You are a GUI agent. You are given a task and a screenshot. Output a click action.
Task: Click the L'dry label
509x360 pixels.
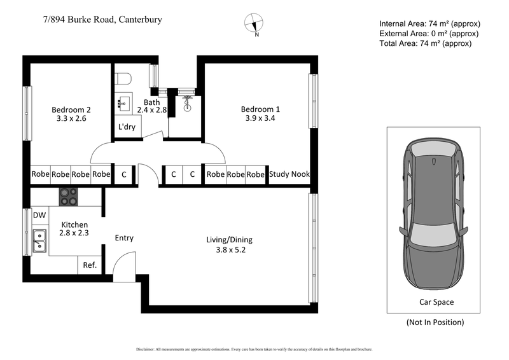click(x=126, y=127)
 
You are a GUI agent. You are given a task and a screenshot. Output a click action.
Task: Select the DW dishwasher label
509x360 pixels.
click(x=39, y=216)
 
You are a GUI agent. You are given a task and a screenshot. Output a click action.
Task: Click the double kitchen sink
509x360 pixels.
click(x=39, y=240)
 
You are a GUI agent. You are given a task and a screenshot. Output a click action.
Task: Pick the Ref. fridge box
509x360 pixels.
click(x=90, y=265)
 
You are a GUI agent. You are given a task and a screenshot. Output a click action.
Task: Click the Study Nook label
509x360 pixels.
click(x=289, y=174)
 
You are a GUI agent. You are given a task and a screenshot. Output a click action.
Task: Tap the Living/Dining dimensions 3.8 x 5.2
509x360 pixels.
click(x=229, y=250)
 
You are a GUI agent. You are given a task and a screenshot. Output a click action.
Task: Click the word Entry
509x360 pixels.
click(x=124, y=238)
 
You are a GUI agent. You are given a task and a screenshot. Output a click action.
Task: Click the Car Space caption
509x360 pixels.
click(x=436, y=302)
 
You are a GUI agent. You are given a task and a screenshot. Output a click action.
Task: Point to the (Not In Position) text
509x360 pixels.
click(x=435, y=322)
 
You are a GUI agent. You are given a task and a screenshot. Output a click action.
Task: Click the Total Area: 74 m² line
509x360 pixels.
click(x=425, y=44)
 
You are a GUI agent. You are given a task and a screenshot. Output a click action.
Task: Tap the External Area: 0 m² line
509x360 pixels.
click(x=428, y=34)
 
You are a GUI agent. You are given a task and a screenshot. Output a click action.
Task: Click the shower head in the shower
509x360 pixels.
click(x=186, y=100)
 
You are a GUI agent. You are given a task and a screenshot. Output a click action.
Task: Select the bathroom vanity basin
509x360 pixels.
click(x=123, y=102)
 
